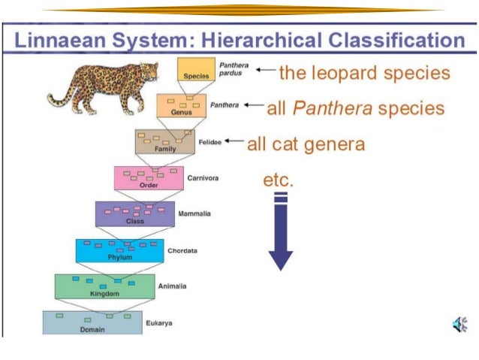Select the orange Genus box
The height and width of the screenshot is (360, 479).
181,105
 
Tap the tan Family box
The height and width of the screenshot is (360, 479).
164,141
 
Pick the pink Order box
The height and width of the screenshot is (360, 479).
148,178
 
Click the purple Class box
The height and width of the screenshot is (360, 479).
134,213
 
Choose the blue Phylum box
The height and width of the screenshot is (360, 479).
119,250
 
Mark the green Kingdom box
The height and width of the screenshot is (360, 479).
104,286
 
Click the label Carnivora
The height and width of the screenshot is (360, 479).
202,178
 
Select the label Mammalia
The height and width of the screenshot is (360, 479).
194,214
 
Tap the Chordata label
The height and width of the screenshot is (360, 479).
182,250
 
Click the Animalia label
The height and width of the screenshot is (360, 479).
172,286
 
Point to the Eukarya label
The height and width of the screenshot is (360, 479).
158,322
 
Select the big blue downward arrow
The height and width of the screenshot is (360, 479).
280,233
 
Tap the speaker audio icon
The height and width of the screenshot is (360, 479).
459,325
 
